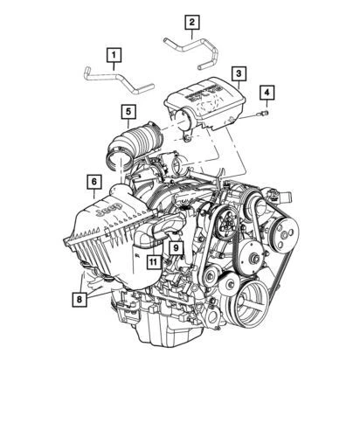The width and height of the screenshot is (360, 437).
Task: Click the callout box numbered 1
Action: (113, 58)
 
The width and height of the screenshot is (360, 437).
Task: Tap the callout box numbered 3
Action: (237, 73)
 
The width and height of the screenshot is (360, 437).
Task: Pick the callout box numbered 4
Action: (267, 92)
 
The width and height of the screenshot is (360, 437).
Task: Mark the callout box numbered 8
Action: (80, 299)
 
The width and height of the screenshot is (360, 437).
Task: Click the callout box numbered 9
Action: (175, 248)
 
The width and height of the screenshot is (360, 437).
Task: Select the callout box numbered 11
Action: (153, 261)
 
